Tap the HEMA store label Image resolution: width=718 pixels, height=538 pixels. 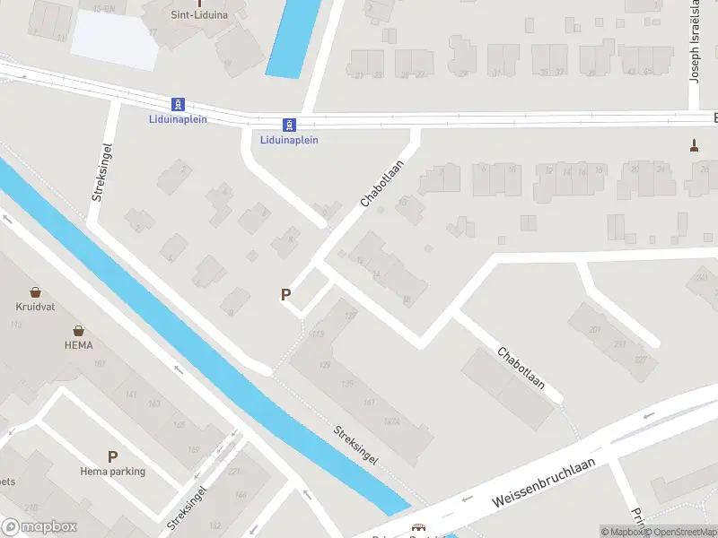(79, 344)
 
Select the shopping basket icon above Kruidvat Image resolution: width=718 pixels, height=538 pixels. (35, 292)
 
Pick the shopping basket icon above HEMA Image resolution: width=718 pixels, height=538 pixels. (79, 330)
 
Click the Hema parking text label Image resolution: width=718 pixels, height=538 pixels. (113, 472)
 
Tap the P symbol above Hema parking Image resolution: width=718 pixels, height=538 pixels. (113, 456)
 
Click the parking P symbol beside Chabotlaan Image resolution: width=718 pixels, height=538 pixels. (286, 294)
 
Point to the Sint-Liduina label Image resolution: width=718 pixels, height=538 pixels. (199, 14)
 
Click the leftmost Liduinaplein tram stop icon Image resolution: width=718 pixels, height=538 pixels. (179, 104)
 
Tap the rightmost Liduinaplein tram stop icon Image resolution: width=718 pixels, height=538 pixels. (289, 125)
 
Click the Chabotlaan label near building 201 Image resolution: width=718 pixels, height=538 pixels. (521, 368)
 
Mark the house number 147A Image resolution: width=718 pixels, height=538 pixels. (390, 421)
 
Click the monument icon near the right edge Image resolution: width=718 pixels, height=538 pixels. (693, 143)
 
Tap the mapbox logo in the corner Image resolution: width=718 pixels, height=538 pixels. (39, 526)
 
